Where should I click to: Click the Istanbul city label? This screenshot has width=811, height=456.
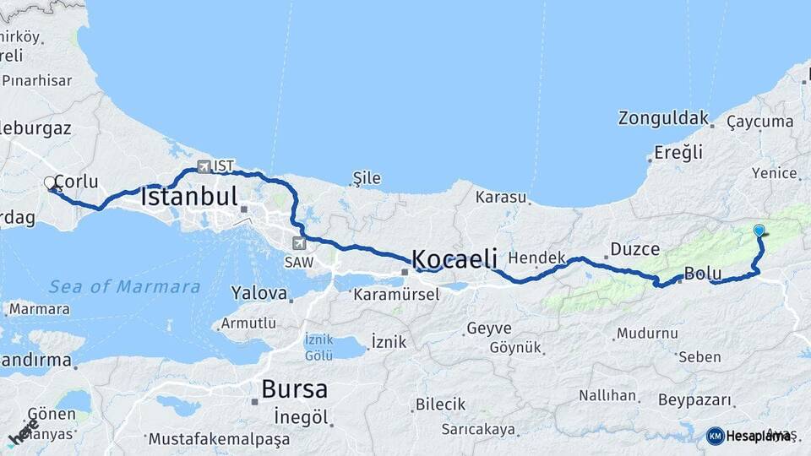click(x=188, y=198)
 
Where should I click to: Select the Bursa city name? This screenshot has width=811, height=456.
click(x=294, y=389)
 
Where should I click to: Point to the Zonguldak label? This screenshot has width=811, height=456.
click(x=663, y=117)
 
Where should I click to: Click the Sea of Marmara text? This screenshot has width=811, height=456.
click(x=124, y=287)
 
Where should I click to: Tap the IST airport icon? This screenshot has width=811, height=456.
click(x=203, y=166)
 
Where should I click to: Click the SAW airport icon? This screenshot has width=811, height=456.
click(x=298, y=243)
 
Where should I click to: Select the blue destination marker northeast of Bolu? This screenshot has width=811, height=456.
click(x=759, y=231)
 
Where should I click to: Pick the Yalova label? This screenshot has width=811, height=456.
click(x=259, y=294)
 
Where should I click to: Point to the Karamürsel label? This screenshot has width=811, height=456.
click(x=396, y=295)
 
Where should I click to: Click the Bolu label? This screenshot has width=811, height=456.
click(x=703, y=274)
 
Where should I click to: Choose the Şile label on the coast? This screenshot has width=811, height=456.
click(x=367, y=178)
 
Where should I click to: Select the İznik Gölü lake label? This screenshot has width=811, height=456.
click(x=319, y=347)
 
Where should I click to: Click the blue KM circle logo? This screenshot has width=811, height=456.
click(x=716, y=436)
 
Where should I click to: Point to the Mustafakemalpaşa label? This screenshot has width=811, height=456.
click(x=219, y=439)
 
